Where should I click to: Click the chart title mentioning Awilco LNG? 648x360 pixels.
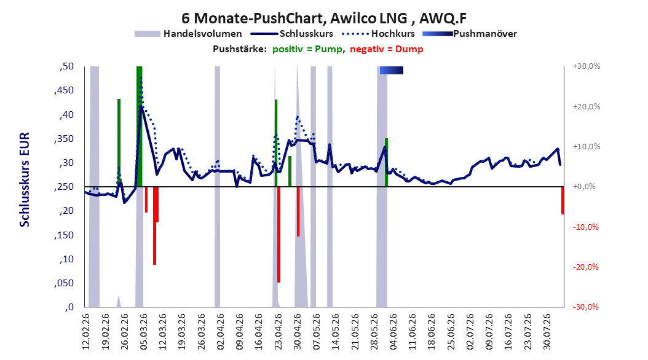(x=324, y=18)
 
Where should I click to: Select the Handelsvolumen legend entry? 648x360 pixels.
(x=188, y=34)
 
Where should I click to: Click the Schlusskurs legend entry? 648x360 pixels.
(x=292, y=34)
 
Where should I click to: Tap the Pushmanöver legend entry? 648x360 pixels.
(x=470, y=34)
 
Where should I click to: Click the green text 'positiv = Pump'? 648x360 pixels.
(x=307, y=49)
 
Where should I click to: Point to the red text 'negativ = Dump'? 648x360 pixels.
(x=387, y=49)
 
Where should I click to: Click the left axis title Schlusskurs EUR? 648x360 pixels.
(x=25, y=179)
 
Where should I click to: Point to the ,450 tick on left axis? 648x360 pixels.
(x=64, y=90)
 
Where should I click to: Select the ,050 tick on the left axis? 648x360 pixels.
(x=64, y=283)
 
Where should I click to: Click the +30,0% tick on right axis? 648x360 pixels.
(x=586, y=66)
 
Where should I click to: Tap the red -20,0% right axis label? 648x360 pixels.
(x=585, y=267)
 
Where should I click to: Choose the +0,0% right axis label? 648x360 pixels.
(x=584, y=187)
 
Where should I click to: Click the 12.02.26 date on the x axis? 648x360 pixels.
(x=86, y=332)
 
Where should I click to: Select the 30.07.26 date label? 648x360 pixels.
(x=547, y=332)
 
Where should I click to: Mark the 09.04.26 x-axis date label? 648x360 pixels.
(x=240, y=332)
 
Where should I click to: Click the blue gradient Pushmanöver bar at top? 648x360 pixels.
(x=392, y=70)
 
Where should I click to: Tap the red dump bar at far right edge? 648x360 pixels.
(x=563, y=201)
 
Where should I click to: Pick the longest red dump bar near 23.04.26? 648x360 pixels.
(x=279, y=235)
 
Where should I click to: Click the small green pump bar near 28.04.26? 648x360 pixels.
(x=290, y=171)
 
